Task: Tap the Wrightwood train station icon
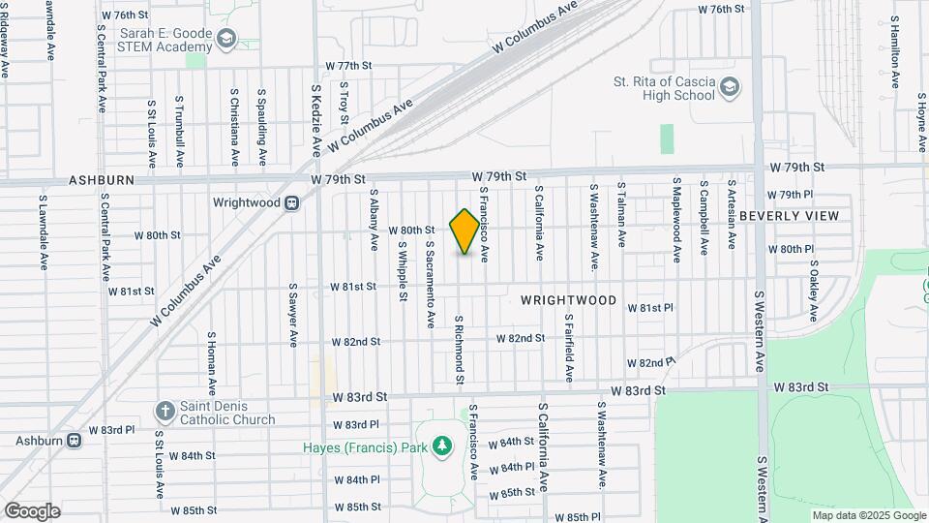click(290, 203)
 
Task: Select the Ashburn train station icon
click(74, 440)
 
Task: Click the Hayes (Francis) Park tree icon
click(442, 446)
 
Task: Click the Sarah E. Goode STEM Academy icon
click(227, 39)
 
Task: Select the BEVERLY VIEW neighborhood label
click(789, 216)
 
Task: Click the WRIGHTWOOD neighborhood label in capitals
click(568, 300)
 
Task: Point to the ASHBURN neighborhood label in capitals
click(101, 181)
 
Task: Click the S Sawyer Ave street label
click(291, 315)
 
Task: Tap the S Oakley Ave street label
click(814, 290)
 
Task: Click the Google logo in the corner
click(32, 510)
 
